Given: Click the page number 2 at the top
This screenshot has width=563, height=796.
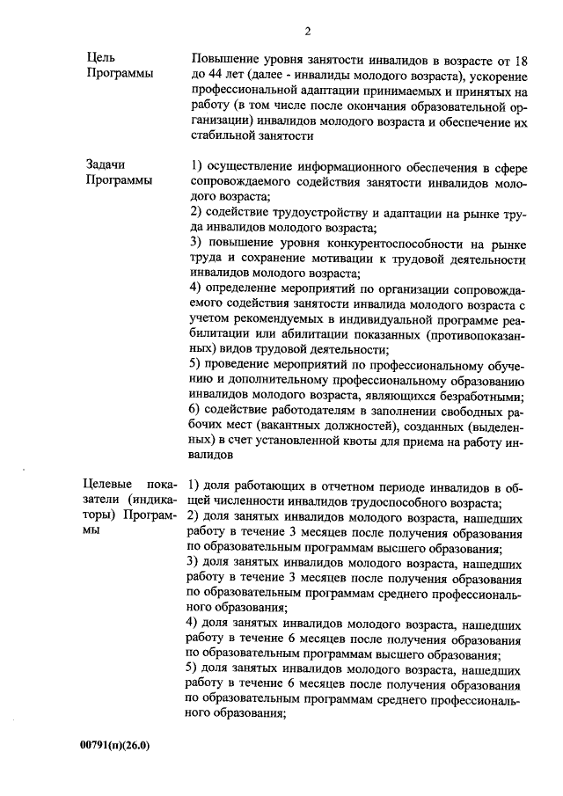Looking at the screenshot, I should click(308, 33).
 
